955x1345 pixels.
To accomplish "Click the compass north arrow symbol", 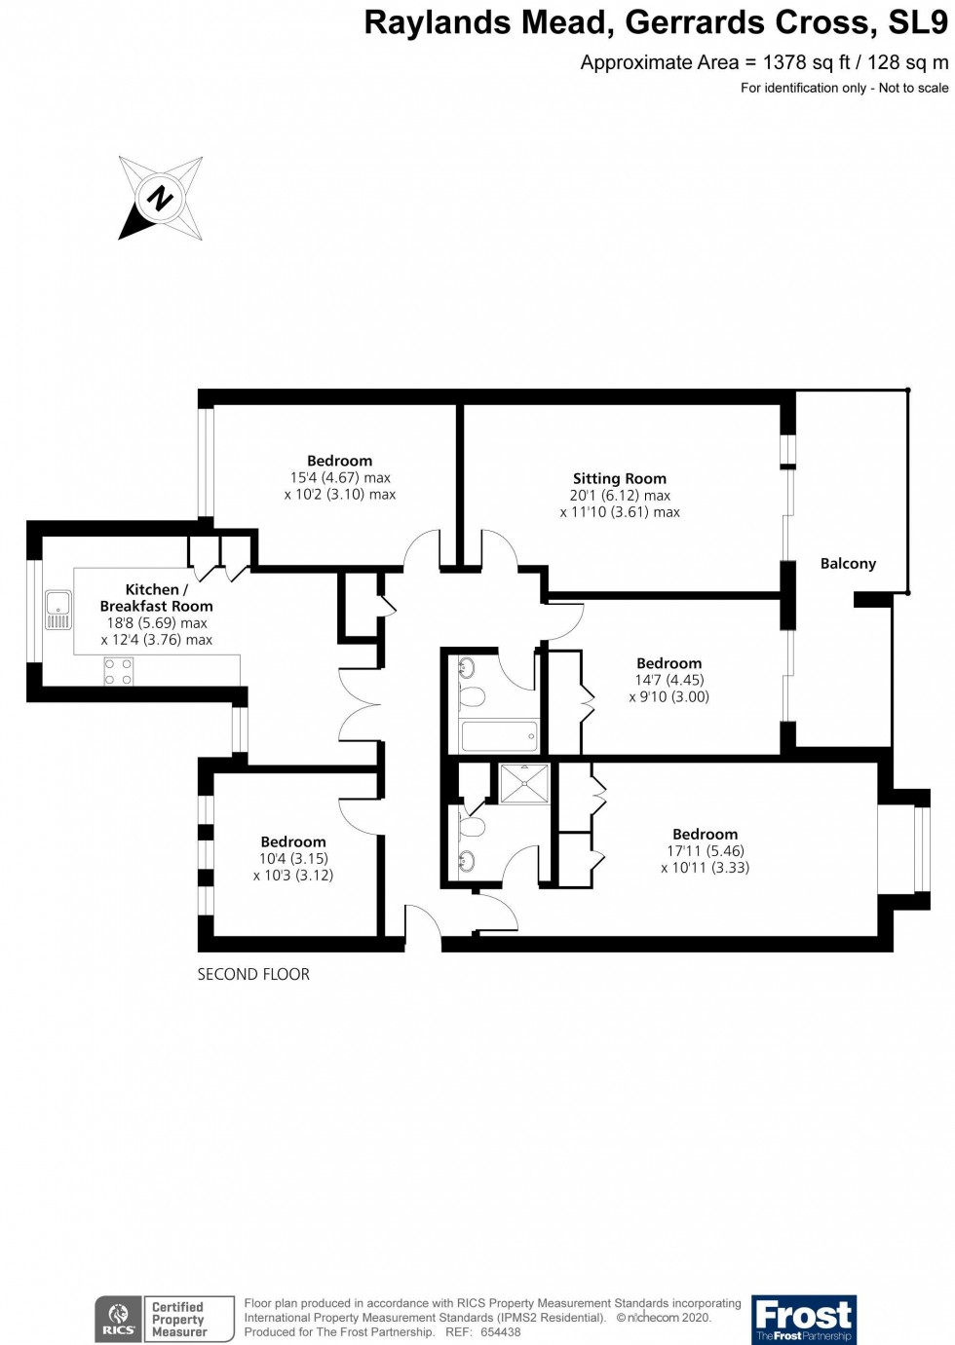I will pyautogui.click(x=160, y=199).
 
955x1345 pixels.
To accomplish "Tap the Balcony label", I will pyautogui.click(x=848, y=564).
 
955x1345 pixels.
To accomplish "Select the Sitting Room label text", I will pyautogui.click(x=620, y=478).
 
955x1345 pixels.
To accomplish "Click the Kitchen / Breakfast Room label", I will pyautogui.click(x=156, y=598).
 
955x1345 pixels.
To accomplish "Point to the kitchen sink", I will pyautogui.click(x=58, y=610).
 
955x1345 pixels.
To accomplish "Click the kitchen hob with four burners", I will pyautogui.click(x=119, y=672).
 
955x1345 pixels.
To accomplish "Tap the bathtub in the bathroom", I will pyautogui.click(x=499, y=735).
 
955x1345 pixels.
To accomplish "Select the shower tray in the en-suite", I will pyautogui.click(x=524, y=784).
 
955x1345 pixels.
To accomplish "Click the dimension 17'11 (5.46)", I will pyautogui.click(x=705, y=851).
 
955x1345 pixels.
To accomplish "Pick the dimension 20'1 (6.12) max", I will pyautogui.click(x=620, y=496).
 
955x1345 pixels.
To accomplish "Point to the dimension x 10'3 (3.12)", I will pyautogui.click(x=293, y=876).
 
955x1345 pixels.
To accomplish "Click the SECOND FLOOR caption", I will pyautogui.click(x=253, y=974).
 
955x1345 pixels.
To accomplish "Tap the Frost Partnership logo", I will pyautogui.click(x=804, y=1320).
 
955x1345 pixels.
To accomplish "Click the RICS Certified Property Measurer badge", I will pyautogui.click(x=165, y=1320).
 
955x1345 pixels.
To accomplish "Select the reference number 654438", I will pyautogui.click(x=500, y=1332).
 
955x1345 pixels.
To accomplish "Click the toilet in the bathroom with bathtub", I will pyautogui.click(x=473, y=696).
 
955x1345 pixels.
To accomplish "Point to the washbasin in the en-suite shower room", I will pyautogui.click(x=467, y=861).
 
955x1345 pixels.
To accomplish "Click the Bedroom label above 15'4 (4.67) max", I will pyautogui.click(x=339, y=461).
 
